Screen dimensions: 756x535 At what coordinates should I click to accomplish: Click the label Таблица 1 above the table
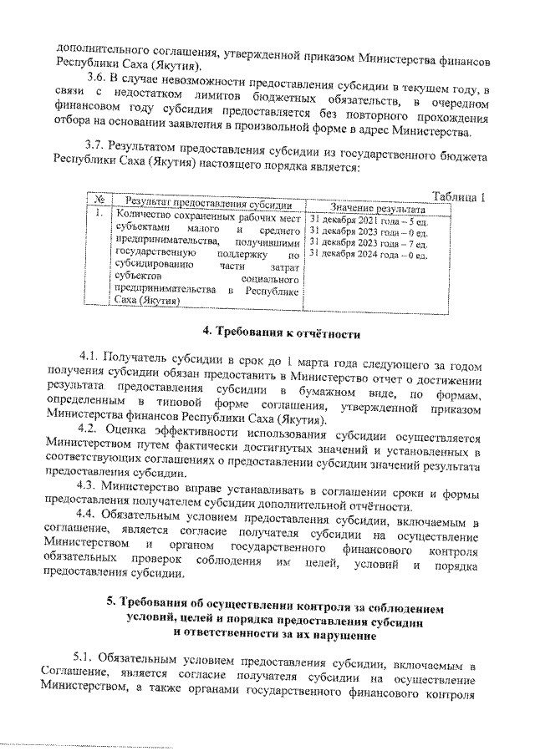(458, 196)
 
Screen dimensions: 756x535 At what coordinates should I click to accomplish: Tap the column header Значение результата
(378, 205)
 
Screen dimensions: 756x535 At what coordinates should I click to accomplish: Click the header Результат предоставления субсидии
(208, 203)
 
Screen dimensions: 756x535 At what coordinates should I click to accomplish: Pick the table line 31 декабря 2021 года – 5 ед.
(369, 221)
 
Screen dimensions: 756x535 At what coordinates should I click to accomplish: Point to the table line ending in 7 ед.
(369, 241)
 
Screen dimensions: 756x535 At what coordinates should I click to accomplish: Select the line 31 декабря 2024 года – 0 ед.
(369, 253)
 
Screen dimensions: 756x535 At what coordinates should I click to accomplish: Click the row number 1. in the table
(99, 214)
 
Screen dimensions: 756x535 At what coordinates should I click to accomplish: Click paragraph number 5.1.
(89, 656)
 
